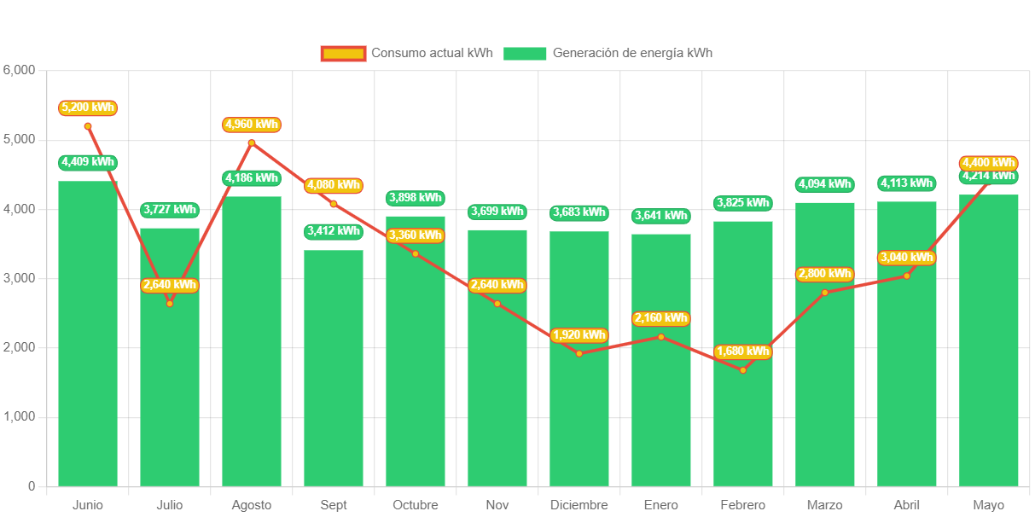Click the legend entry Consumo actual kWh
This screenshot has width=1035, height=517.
pos(407,53)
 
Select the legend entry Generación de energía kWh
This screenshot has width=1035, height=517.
pos(608,53)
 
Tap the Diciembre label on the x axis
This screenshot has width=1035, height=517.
pos(579,505)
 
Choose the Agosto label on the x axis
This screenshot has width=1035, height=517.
pos(252,505)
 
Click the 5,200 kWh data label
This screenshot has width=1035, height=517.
pos(88,107)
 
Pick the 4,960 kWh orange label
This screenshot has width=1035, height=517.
pos(252,125)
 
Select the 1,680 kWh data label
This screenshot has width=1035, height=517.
pos(743,351)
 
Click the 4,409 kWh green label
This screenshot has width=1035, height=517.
pos(88,162)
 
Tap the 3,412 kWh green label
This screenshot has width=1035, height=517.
pos(334,231)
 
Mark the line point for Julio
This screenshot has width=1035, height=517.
pos(170,304)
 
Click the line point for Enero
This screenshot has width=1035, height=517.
pos(661,337)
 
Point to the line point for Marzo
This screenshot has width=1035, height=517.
pos(825,293)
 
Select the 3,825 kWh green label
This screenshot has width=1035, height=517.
pos(743,203)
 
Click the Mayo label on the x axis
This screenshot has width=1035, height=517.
pos(989,505)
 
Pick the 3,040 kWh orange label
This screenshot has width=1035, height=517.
pos(907,258)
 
